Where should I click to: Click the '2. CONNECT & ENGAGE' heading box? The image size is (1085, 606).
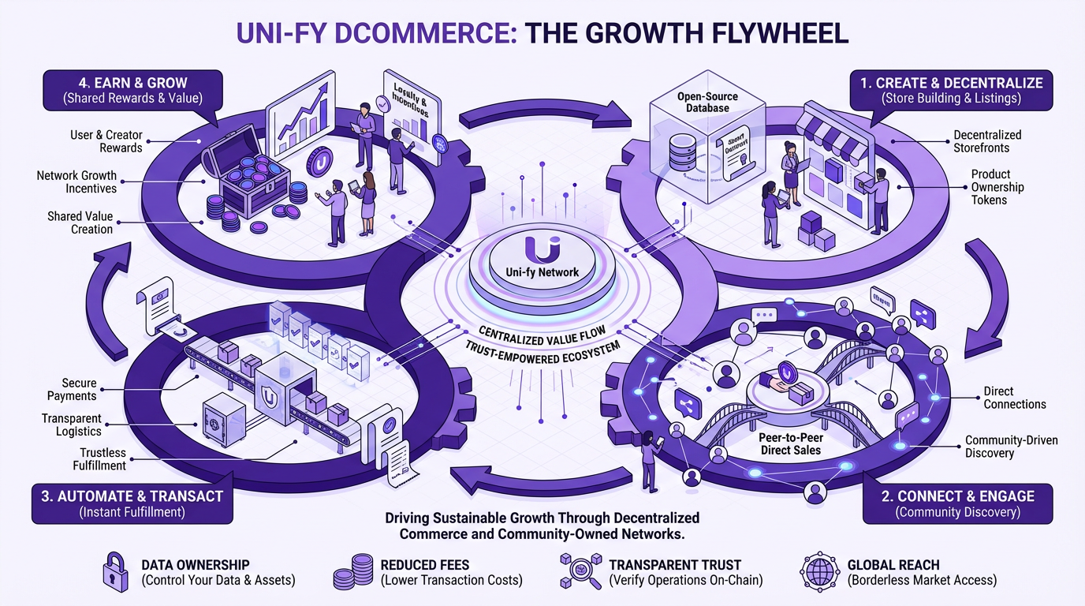(958, 503)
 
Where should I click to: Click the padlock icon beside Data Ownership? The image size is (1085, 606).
(115, 572)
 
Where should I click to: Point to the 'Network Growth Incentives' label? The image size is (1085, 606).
(76, 181)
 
